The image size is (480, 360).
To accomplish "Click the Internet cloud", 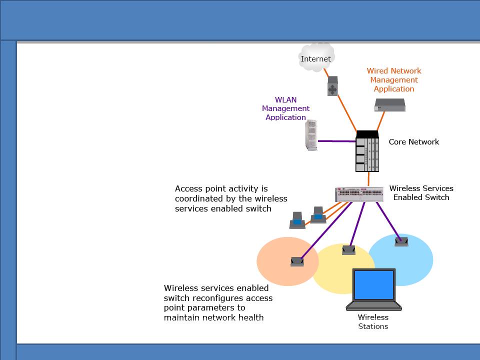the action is pos(316,57).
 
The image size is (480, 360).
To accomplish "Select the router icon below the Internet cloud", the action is pos(332,86).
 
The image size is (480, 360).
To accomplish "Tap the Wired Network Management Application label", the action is pos(394,80).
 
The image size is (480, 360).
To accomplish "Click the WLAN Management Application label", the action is pos(285,108).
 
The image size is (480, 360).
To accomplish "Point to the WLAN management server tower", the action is pos(311,135).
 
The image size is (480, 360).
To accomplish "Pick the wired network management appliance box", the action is pos(390,105).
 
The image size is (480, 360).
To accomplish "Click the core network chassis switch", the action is pos(367,151).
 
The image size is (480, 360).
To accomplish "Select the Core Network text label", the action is pos(414,141).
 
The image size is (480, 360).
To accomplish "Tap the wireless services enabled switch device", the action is pos(359,194).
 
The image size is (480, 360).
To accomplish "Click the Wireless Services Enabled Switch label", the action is pos(421,193).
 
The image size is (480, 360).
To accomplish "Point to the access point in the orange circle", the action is pos(297,261).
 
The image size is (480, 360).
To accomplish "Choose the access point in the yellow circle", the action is pos(348,250).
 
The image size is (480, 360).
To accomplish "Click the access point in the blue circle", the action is pos(401,241).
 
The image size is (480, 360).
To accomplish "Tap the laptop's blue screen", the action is pos(374,284).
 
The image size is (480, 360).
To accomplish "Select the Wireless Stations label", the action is pos(373,321).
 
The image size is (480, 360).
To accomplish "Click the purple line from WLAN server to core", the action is pos(336,141).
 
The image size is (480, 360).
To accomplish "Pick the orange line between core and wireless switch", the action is pos(368,179).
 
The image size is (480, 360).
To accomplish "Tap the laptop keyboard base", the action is pos(374,306).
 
